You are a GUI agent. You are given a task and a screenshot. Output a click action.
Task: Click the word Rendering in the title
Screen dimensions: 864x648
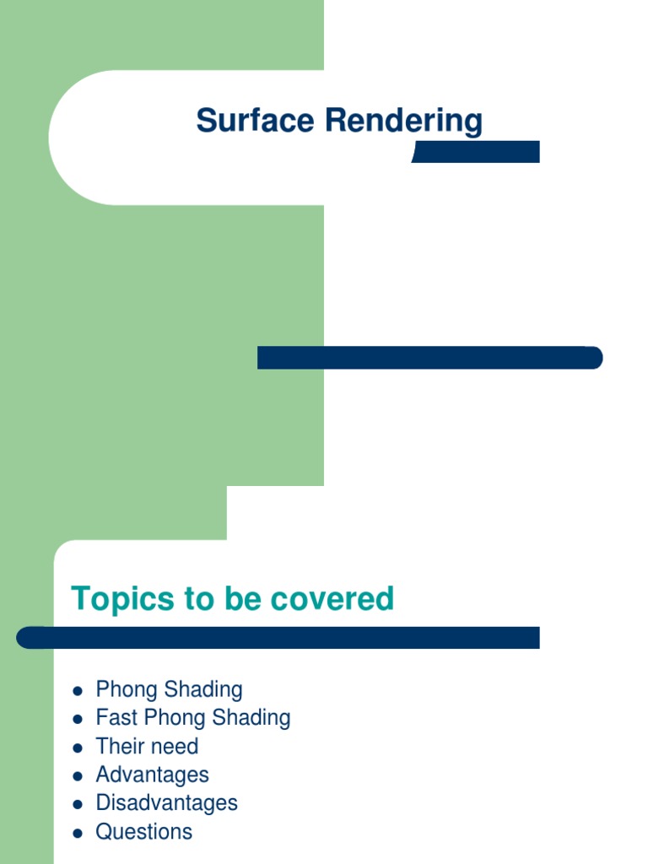click(x=404, y=121)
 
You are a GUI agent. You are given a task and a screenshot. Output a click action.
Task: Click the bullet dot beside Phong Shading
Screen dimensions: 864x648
click(x=78, y=691)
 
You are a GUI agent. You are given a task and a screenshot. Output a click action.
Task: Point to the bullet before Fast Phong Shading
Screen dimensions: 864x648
click(x=78, y=720)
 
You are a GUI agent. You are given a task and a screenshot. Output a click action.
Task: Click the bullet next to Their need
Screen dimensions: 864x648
click(x=78, y=748)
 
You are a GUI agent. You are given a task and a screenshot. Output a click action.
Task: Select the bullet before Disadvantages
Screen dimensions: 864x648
click(x=78, y=804)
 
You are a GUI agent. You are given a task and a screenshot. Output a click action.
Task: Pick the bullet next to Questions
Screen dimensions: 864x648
click(x=78, y=833)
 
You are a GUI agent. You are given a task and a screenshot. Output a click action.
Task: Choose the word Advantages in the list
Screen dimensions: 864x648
click(x=152, y=775)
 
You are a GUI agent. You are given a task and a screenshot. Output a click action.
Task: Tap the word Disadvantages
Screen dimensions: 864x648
click(x=166, y=802)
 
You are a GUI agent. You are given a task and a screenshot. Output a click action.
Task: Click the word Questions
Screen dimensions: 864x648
click(x=143, y=831)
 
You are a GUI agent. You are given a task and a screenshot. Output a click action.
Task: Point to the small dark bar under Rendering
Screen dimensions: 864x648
click(x=476, y=152)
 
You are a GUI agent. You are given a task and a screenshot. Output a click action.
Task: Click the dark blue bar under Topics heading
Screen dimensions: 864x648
click(x=278, y=638)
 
